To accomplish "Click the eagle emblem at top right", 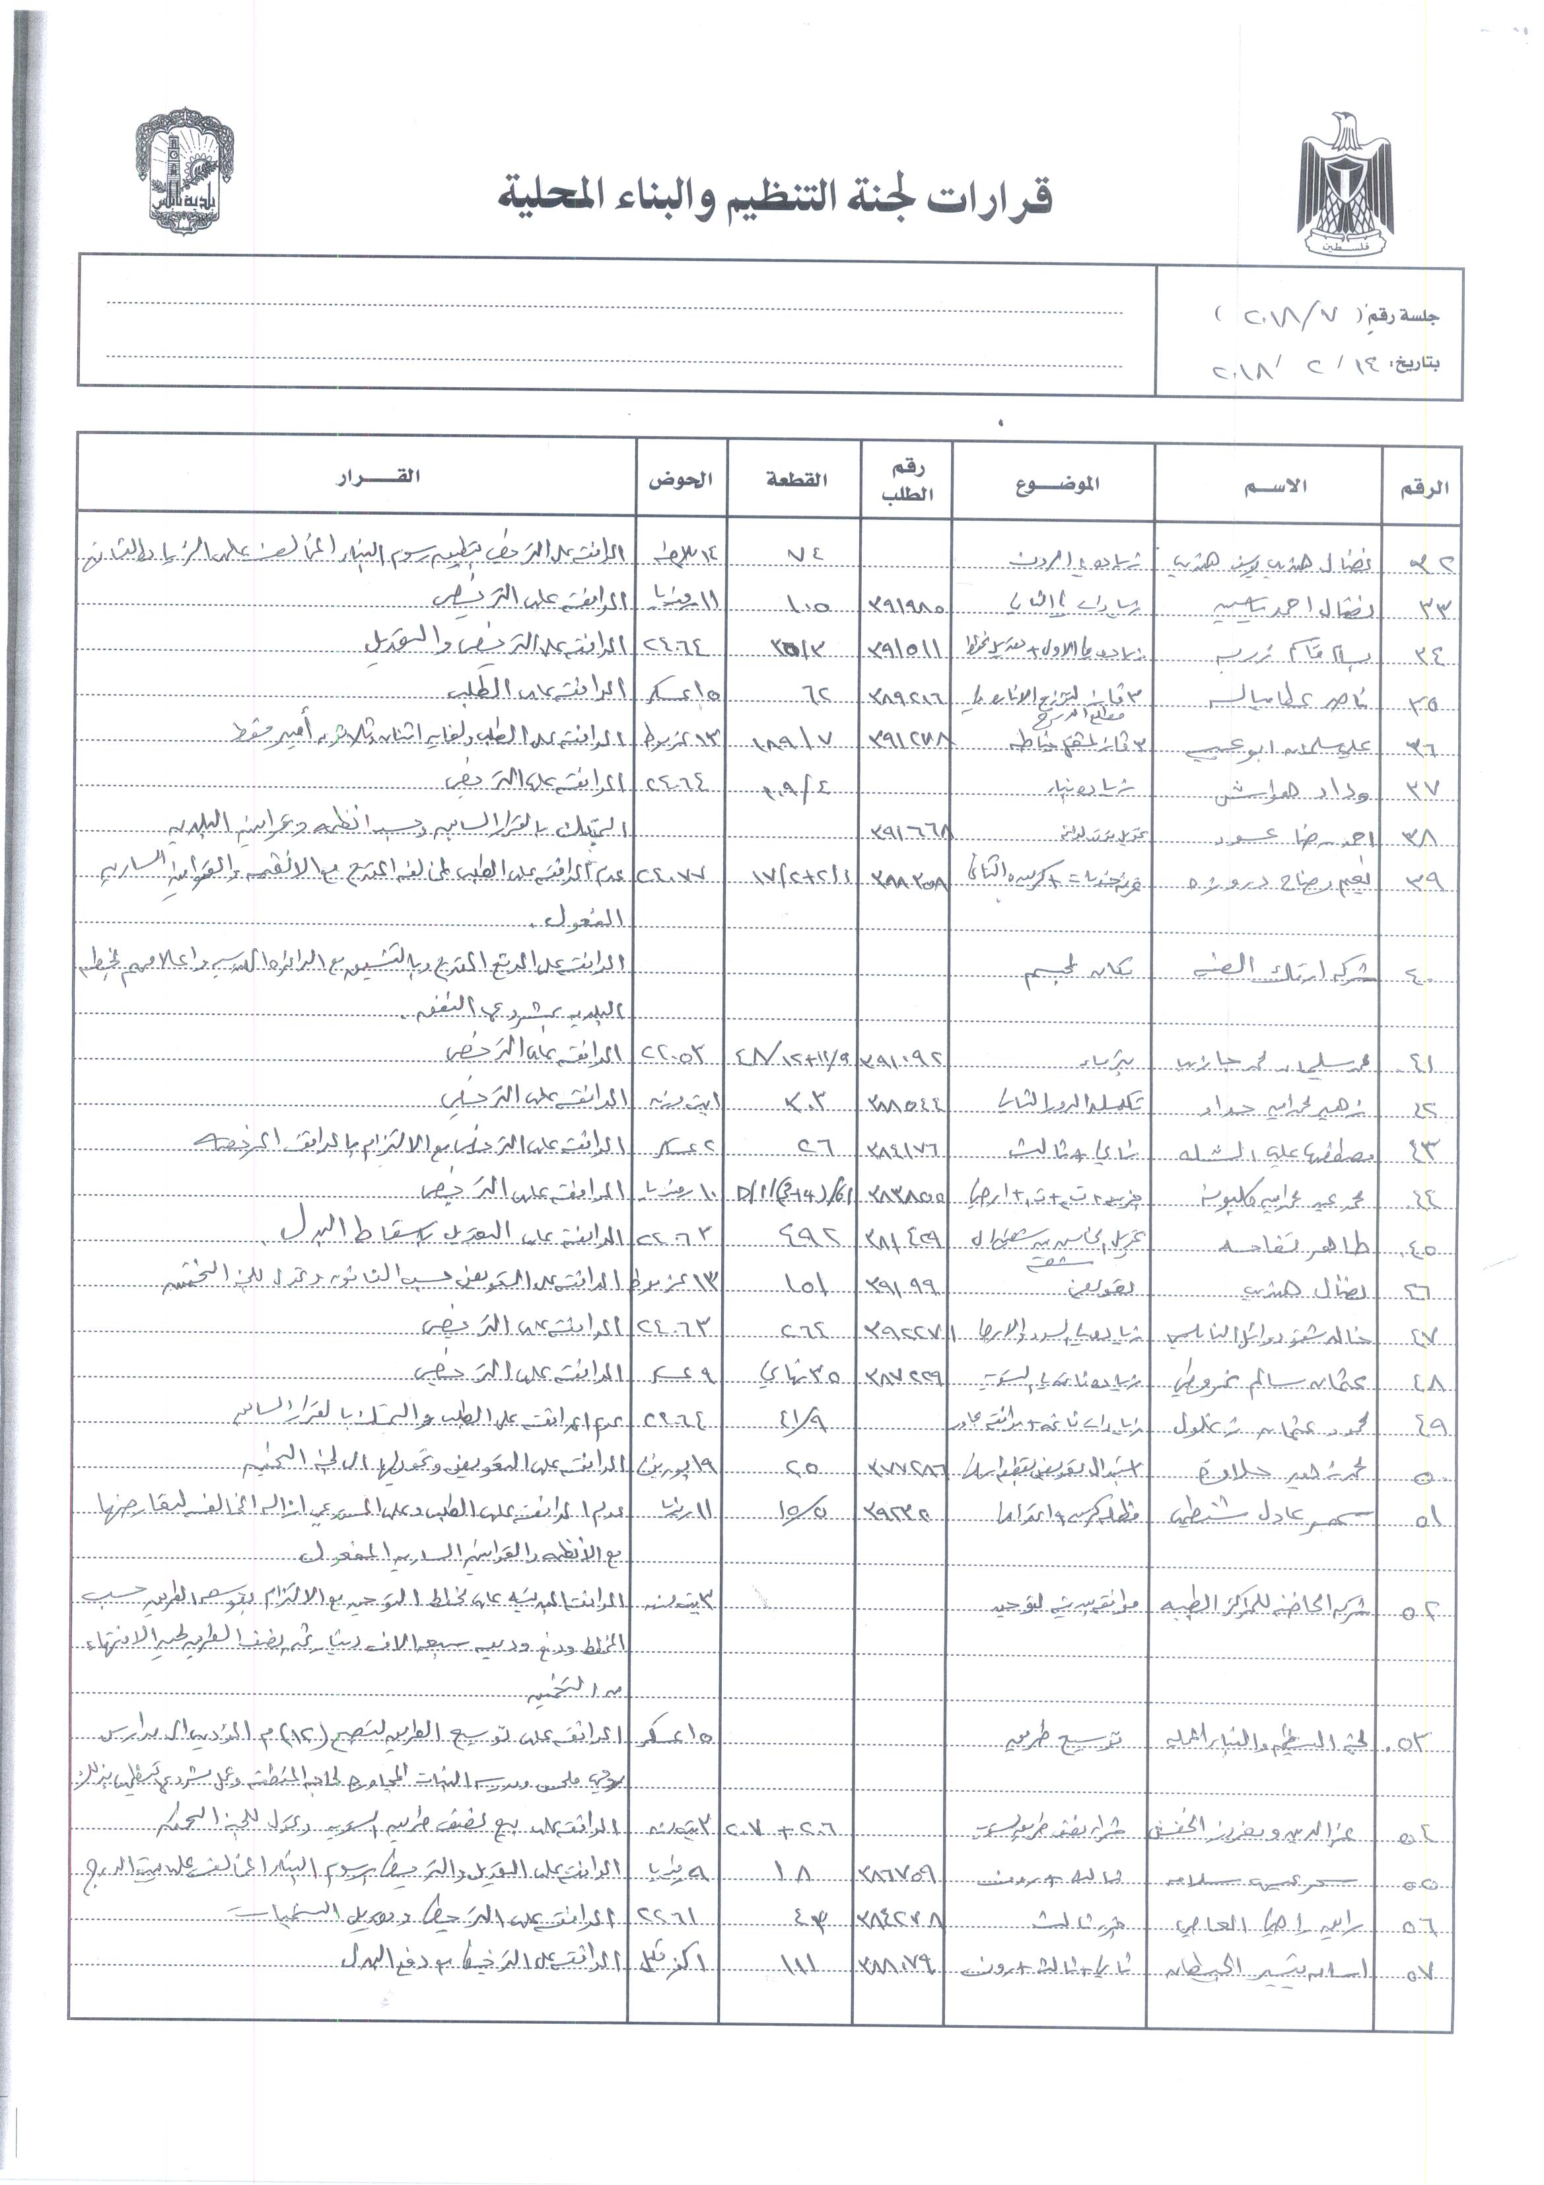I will [x=1346, y=186].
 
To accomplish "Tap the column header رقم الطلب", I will [x=907, y=482].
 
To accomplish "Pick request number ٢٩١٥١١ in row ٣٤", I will [x=905, y=649].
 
